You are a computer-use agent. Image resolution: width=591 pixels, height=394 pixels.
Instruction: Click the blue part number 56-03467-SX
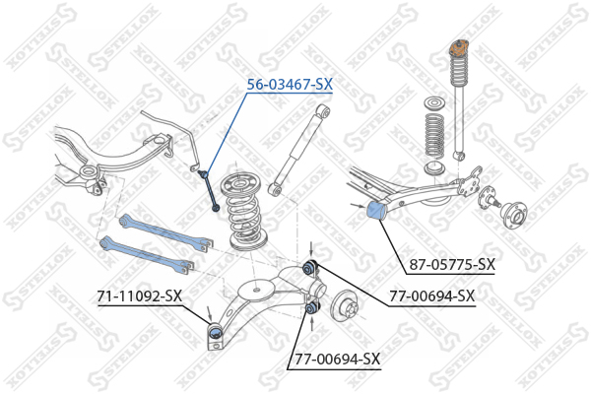point(290,85)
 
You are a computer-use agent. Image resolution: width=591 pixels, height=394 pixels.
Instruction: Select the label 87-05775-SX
point(452,265)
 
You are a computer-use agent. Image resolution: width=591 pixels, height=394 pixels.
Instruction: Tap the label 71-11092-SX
point(140,295)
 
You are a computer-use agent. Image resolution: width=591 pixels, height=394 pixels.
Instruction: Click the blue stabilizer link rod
point(209,190)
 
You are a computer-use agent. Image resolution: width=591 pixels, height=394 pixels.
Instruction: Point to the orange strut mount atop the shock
point(459,48)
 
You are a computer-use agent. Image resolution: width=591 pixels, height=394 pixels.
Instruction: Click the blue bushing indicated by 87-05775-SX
point(375,212)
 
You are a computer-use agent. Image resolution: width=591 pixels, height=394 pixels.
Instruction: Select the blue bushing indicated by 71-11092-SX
point(215,333)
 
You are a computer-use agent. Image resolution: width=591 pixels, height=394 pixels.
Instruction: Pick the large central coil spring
point(244,213)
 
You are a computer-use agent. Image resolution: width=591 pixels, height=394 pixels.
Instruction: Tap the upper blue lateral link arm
point(165,232)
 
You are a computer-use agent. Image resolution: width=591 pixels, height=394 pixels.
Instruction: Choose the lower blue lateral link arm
point(147,254)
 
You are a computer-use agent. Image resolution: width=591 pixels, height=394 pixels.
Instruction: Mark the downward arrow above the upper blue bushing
point(311,249)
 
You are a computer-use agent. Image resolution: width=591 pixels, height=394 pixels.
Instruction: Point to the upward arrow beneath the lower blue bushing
point(311,324)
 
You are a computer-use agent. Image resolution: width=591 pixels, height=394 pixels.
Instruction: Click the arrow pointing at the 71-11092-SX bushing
point(209,314)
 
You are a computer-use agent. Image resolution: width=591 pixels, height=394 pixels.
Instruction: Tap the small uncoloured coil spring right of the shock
point(434,135)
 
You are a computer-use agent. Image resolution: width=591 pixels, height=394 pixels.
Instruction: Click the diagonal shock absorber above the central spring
point(299,150)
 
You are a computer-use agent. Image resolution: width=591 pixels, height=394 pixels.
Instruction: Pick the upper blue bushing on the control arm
point(310,267)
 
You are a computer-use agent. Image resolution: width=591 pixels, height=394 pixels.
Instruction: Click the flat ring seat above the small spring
point(434,103)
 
